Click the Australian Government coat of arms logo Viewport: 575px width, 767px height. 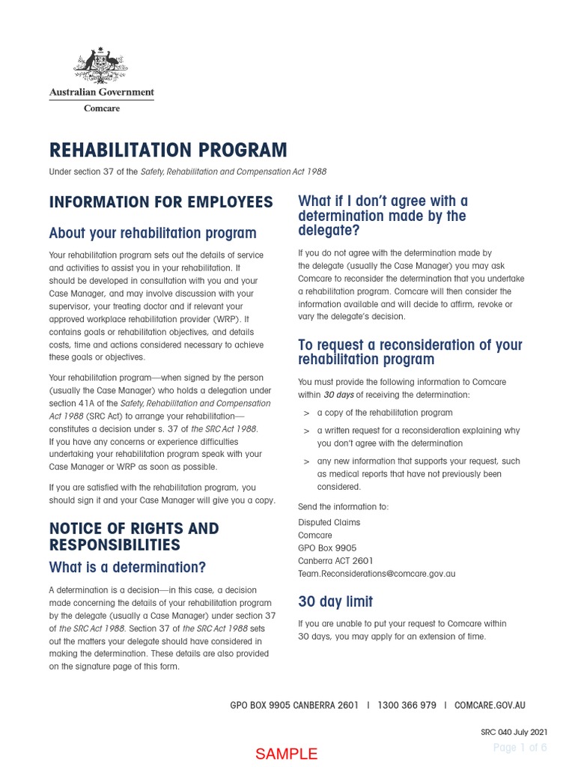[101, 66]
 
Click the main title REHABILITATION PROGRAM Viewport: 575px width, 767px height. [168, 151]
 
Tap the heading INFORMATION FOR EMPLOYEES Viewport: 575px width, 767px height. [161, 202]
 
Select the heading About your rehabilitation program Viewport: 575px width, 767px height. [153, 233]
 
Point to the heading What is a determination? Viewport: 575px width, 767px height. [127, 567]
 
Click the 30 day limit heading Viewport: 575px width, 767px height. [335, 601]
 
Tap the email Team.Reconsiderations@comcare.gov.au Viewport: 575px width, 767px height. [376, 574]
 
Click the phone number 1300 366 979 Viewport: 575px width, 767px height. [407, 705]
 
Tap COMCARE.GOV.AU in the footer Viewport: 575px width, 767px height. [490, 705]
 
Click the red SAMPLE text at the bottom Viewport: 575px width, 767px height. [287, 754]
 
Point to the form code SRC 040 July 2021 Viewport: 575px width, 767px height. [514, 731]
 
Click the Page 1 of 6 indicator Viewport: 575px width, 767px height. [520, 748]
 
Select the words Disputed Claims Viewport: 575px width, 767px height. [329, 522]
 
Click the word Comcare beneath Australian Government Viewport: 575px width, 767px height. [101, 109]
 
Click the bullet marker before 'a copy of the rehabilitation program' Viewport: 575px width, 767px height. [306, 413]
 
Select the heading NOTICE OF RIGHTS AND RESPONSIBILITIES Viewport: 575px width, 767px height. [133, 536]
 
